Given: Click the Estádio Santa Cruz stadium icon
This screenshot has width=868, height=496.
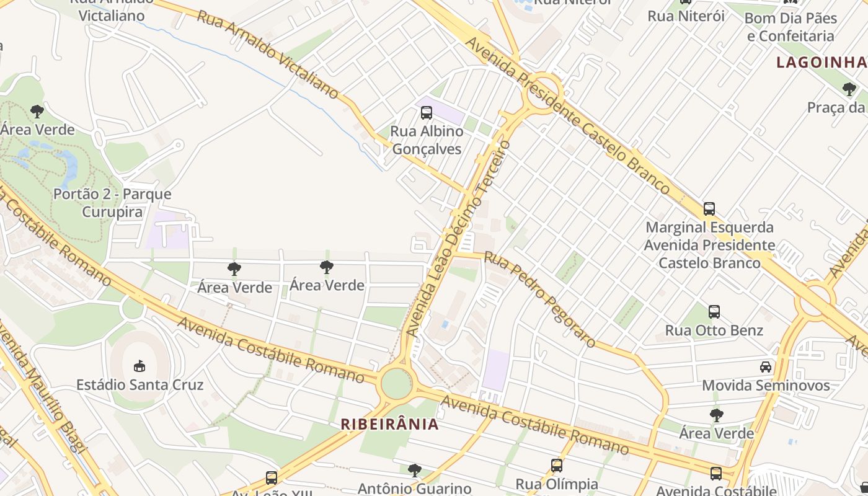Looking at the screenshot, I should [139, 366].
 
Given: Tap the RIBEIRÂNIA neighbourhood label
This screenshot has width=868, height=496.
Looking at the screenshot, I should [390, 424].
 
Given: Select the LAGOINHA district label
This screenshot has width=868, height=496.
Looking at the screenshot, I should [821, 62].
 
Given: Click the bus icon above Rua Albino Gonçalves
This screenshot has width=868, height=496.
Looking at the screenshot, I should [427, 113].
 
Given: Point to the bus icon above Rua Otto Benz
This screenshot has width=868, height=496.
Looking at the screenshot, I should [714, 312].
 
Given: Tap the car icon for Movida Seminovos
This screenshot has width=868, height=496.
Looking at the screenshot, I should [766, 367].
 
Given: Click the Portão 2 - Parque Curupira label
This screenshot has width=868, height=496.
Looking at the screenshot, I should [112, 203].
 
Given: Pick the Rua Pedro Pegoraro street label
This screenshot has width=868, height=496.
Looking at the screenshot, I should [539, 299].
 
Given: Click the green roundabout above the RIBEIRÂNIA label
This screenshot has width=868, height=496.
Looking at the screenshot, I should [396, 384].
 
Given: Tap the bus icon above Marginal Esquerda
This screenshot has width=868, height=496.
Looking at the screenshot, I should [709, 209].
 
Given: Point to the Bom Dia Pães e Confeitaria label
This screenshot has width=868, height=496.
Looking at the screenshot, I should [790, 27].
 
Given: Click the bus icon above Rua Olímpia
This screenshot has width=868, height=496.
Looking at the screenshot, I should [557, 465].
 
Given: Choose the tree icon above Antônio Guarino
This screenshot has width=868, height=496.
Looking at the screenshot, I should [414, 470].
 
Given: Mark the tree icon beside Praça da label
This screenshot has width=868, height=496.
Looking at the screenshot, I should [849, 89].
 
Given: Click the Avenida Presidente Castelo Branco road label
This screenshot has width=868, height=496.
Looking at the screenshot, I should [567, 115].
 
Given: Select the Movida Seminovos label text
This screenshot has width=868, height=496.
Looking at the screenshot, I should [766, 386].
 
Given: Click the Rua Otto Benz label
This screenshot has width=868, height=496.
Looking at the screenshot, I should [714, 330].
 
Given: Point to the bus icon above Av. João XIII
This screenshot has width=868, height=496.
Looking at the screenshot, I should [272, 477].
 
